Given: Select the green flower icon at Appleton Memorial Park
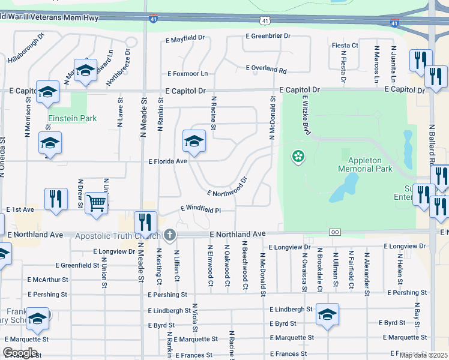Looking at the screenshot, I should [297, 157].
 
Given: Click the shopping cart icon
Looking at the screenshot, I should [97, 202].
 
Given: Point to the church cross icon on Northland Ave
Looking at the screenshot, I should [170, 235].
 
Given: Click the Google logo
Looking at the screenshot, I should [20, 352].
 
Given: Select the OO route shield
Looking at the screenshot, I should [336, 232].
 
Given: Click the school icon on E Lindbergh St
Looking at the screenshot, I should [328, 314].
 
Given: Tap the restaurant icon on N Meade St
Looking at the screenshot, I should [145, 221].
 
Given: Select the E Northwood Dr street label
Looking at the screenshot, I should [228, 187].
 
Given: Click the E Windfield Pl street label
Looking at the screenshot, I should [201, 209].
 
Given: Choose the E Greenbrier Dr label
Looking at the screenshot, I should [268, 37].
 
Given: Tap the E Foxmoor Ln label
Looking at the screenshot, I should [187, 74].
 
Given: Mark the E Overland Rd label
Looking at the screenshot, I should [266, 70].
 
